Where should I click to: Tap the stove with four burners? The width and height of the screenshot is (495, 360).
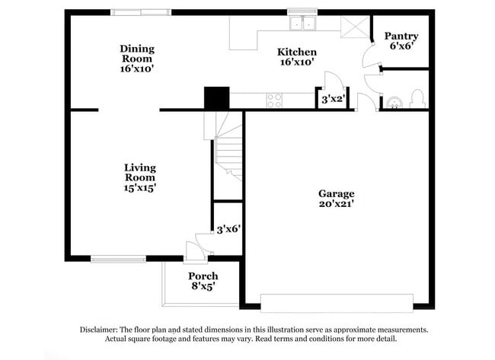coord(274,99)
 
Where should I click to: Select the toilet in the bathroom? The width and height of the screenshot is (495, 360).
coord(417,99)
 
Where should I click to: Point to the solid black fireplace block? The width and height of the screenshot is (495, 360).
coord(216,98)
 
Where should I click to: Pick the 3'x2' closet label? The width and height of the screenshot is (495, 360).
coord(332,99)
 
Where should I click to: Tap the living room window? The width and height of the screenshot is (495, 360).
coord(118,260)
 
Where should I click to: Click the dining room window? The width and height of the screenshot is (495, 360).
coord(141,12)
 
